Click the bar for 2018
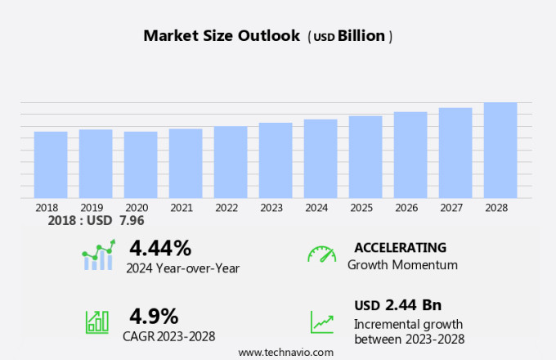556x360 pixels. coord(51,164)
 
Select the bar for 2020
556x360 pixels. coord(141,164)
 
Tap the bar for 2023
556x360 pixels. coord(276,160)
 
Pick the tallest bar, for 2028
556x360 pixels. coord(500,150)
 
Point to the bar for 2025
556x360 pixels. coord(365,156)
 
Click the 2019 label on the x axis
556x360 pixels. coord(96,208)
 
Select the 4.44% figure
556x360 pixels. coord(160,248)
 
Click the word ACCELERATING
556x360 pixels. coord(400,248)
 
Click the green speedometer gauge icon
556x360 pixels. coord(321,254)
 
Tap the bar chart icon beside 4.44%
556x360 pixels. coord(99,255)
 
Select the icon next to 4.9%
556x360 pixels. coord(96,322)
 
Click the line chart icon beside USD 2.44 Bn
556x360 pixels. coord(321,322)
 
